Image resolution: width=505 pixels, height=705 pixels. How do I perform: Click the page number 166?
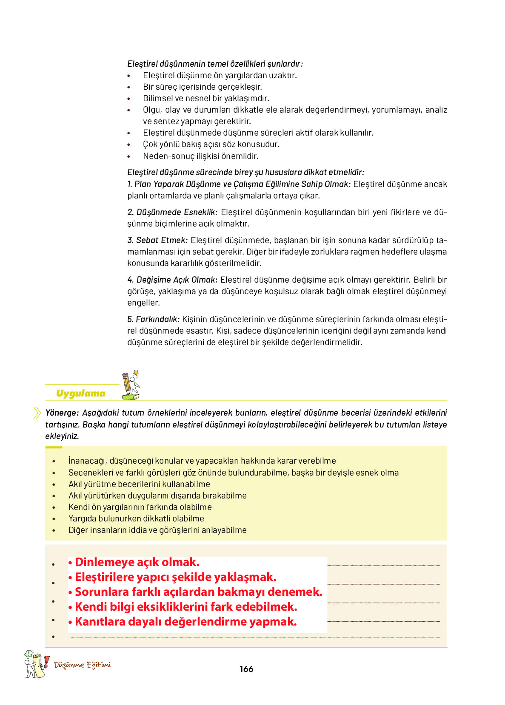click(x=246, y=669)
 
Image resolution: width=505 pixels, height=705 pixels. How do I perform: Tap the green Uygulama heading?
click(x=81, y=394)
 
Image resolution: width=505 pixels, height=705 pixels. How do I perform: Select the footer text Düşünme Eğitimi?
click(x=83, y=665)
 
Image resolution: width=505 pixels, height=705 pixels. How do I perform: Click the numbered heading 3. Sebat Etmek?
click(x=157, y=241)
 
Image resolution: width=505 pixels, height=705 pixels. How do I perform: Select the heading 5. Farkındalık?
click(x=154, y=320)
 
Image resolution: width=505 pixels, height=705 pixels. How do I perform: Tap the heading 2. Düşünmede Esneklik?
click(x=172, y=212)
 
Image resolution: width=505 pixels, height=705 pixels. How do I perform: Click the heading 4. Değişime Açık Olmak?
click(x=172, y=280)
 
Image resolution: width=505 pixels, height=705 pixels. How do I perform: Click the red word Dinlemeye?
click(x=105, y=562)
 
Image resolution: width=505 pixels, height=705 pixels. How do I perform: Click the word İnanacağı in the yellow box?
click(x=87, y=461)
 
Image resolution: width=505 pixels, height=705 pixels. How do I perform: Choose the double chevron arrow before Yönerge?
click(x=37, y=413)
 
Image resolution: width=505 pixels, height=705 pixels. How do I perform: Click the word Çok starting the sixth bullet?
click(x=150, y=144)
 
